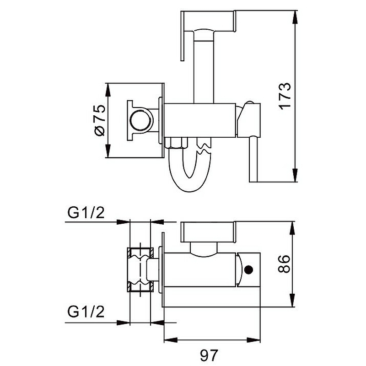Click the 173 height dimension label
[x=285, y=95]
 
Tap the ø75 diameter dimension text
[x=100, y=120]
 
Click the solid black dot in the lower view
[x=248, y=270]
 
